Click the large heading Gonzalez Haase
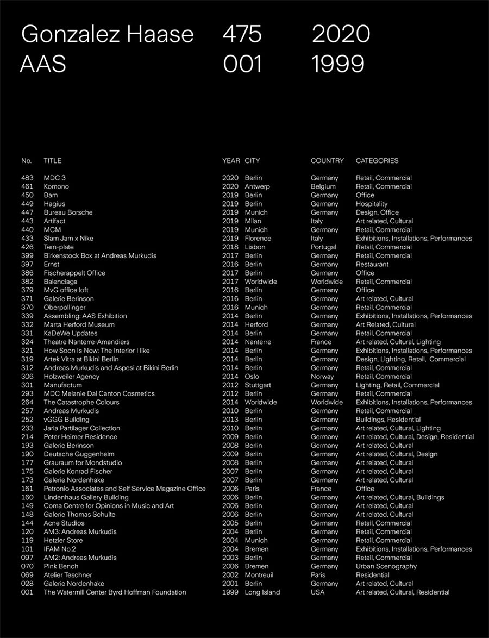pyautogui.click(x=107, y=34)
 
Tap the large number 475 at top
pyautogui.click(x=242, y=34)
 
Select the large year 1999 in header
pyautogui.click(x=338, y=64)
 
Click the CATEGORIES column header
pyautogui.click(x=377, y=160)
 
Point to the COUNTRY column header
pyautogui.click(x=327, y=160)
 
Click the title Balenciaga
pyautogui.click(x=60, y=282)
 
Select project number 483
pyautogui.click(x=27, y=178)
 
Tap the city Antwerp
pyautogui.click(x=257, y=186)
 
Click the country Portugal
pyautogui.click(x=323, y=247)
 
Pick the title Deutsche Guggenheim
pyautogui.click(x=79, y=454)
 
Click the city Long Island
pyautogui.click(x=262, y=592)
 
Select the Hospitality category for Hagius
pyautogui.click(x=372, y=204)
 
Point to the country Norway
pyautogui.click(x=322, y=376)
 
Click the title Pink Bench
pyautogui.click(x=61, y=566)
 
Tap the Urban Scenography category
pyautogui.click(x=386, y=566)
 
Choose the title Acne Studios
pyautogui.click(x=64, y=523)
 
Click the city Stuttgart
pyautogui.click(x=258, y=385)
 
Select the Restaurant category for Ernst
pyautogui.click(x=372, y=264)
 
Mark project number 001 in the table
pyautogui.click(x=27, y=592)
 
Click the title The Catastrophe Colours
pyautogui.click(x=81, y=402)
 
